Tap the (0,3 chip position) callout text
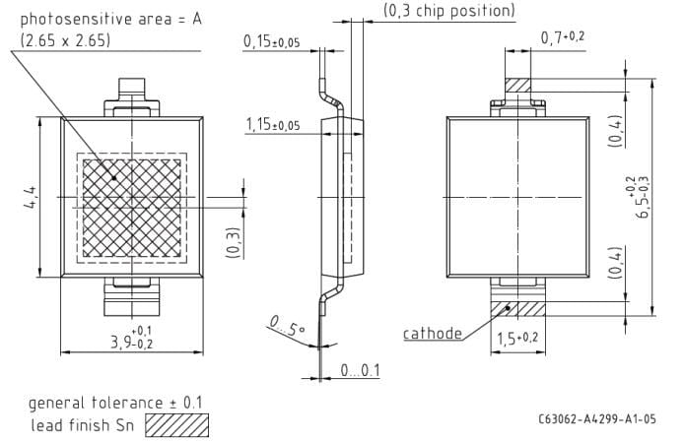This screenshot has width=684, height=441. click(x=448, y=12)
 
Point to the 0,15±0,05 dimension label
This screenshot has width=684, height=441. click(x=272, y=41)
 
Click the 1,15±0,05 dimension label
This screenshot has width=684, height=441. click(x=272, y=125)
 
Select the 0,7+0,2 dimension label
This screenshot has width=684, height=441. click(x=563, y=37)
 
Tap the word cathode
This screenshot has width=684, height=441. click(x=433, y=334)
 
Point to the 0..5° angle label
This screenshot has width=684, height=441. click(x=285, y=325)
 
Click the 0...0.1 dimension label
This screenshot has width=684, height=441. click(x=360, y=370)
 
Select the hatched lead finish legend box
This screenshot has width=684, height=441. click(x=177, y=425)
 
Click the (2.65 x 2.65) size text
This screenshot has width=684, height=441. click(x=65, y=40)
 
